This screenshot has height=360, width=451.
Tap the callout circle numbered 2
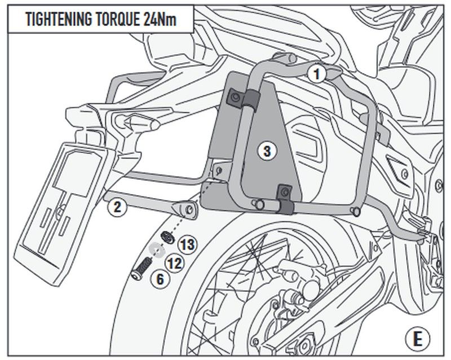pos(116,207)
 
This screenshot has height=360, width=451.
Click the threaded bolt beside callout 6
pos(142,266)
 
